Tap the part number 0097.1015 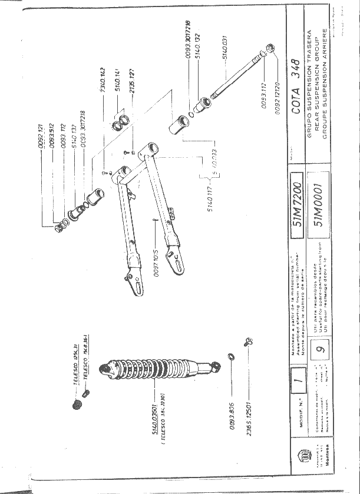click(157, 260)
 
